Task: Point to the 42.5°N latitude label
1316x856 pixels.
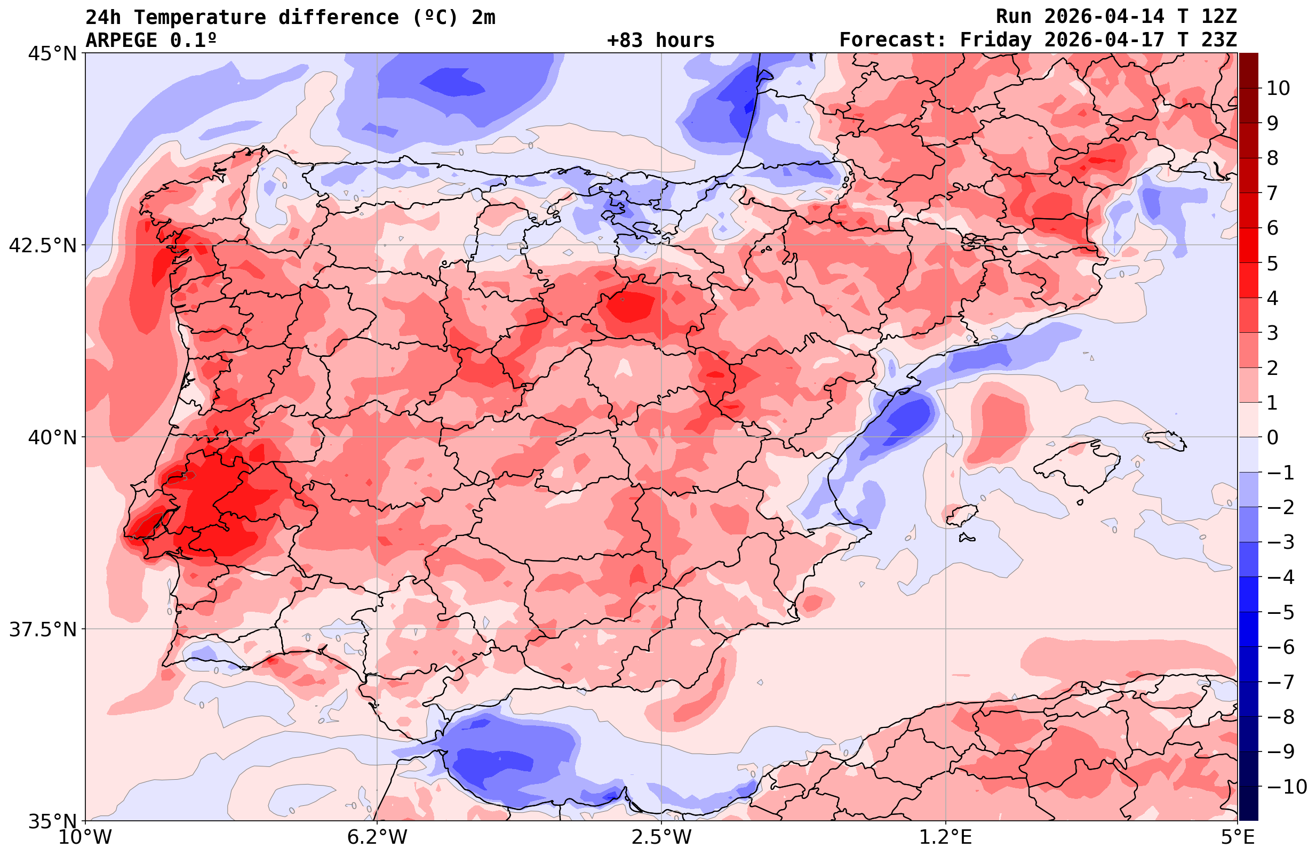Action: click(x=43, y=245)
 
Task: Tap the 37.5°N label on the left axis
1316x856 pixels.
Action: click(x=43, y=629)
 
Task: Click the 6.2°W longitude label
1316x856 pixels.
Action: click(x=377, y=837)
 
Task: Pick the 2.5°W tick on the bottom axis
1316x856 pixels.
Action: click(x=662, y=837)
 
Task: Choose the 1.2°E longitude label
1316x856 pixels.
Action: click(x=946, y=837)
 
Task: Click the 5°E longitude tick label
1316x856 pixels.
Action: click(x=1238, y=837)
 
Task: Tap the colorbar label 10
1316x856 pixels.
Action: click(x=1278, y=89)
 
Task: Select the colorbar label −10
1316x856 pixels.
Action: click(x=1284, y=786)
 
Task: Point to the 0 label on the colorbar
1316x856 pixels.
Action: click(x=1272, y=437)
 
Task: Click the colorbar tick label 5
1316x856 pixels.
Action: click(x=1272, y=263)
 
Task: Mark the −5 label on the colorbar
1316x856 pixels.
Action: click(x=1279, y=612)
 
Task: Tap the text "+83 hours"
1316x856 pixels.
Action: click(x=661, y=41)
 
